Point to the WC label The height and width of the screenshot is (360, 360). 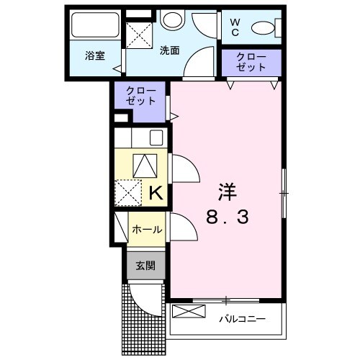tap(235, 27)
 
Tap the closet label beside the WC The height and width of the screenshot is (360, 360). tap(251, 62)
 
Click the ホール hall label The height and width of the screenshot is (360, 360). tap(146, 230)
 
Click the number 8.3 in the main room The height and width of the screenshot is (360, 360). tap(228, 217)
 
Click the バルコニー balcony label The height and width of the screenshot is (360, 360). tap(242, 318)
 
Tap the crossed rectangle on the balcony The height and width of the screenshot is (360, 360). tap(189, 313)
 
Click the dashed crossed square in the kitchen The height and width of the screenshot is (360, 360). tap(130, 192)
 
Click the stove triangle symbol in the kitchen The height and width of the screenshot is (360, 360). tap(143, 165)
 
